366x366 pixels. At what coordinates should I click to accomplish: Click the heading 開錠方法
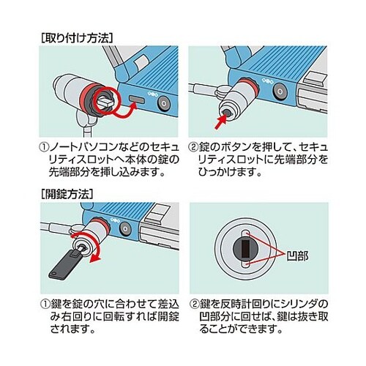[x=67, y=194]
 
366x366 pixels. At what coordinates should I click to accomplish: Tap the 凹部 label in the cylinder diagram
[x=297, y=255]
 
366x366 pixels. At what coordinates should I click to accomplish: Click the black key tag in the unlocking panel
[x=65, y=265]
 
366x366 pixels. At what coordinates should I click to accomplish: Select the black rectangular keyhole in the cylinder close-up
[x=246, y=249]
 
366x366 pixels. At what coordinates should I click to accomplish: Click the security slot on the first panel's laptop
[x=138, y=100]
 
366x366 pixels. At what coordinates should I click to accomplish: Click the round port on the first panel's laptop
[x=163, y=104]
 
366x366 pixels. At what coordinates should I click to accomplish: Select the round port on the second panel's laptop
[x=280, y=91]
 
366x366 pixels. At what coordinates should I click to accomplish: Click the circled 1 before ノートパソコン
[x=44, y=147]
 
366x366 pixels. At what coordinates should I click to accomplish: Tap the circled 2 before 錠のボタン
[x=193, y=147]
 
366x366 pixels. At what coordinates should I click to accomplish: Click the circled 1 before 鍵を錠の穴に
[x=45, y=304]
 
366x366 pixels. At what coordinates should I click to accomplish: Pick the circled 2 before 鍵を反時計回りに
[x=195, y=304]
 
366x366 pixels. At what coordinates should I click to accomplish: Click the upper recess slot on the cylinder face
[x=246, y=234]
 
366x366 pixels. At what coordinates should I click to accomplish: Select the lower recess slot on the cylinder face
[x=246, y=264]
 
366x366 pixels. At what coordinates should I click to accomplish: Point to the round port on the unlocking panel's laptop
[x=125, y=228]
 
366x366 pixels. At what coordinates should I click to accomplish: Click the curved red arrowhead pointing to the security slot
[x=133, y=106]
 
